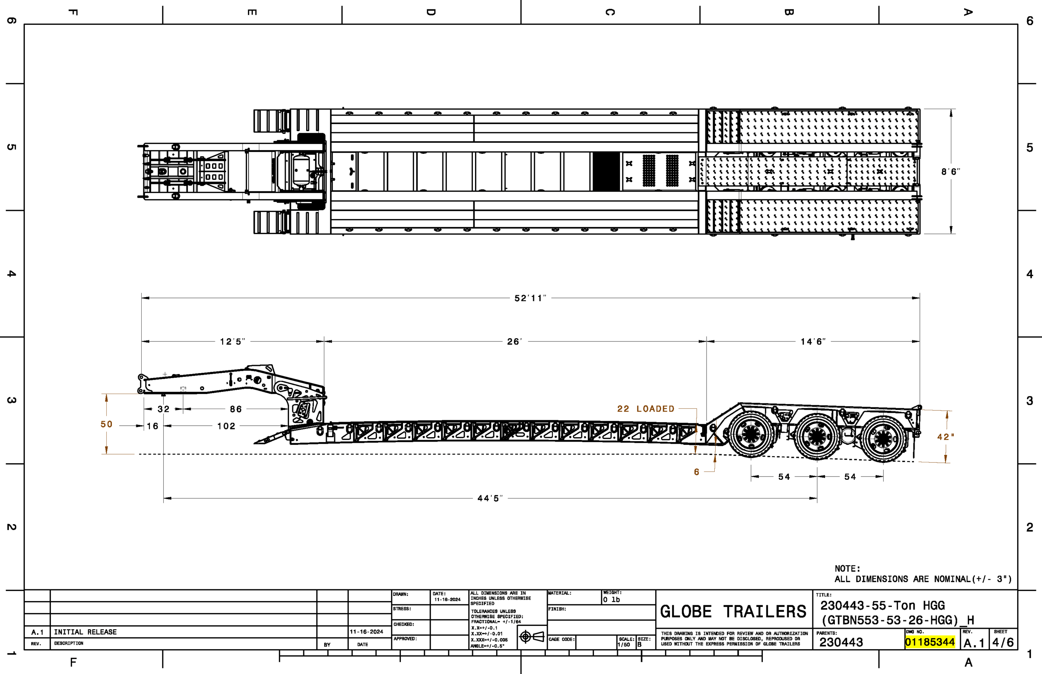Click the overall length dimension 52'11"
click(x=530, y=298)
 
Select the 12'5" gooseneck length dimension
click(x=232, y=341)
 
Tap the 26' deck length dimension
click(x=514, y=341)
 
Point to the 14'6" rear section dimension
click(x=813, y=341)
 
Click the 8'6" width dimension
click(x=950, y=172)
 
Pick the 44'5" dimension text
click(x=490, y=498)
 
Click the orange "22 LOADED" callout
click(x=646, y=409)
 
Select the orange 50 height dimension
click(x=106, y=424)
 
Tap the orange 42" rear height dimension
click(x=945, y=437)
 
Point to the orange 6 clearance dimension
click(x=696, y=472)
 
